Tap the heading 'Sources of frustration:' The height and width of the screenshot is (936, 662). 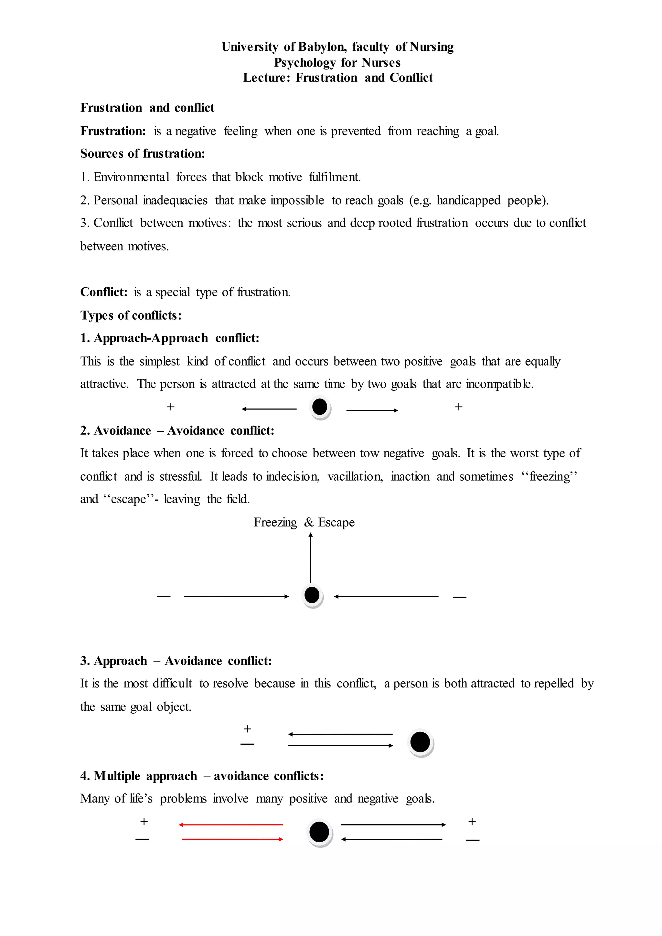coord(142,154)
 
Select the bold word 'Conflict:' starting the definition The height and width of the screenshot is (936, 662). coord(103,292)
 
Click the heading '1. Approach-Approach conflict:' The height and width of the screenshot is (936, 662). coord(170,338)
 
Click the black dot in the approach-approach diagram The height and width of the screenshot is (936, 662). coord(320,407)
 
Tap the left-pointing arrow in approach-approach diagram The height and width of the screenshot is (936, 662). coord(269,409)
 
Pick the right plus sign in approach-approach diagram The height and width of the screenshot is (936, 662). coord(459,407)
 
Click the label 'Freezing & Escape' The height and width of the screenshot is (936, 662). coord(304,523)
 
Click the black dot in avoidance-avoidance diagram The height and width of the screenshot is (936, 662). coord(312,595)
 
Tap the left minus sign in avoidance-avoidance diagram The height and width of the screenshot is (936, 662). coord(164,596)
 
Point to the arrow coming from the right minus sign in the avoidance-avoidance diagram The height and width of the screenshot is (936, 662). coord(386,596)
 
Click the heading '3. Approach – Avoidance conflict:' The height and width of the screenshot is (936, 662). coord(176,661)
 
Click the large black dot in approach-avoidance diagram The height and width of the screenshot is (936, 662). coord(420,742)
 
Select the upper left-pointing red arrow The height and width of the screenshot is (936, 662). coord(231,825)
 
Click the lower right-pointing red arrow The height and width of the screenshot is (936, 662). coord(232,839)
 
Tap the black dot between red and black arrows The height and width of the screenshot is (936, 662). coord(319,832)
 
